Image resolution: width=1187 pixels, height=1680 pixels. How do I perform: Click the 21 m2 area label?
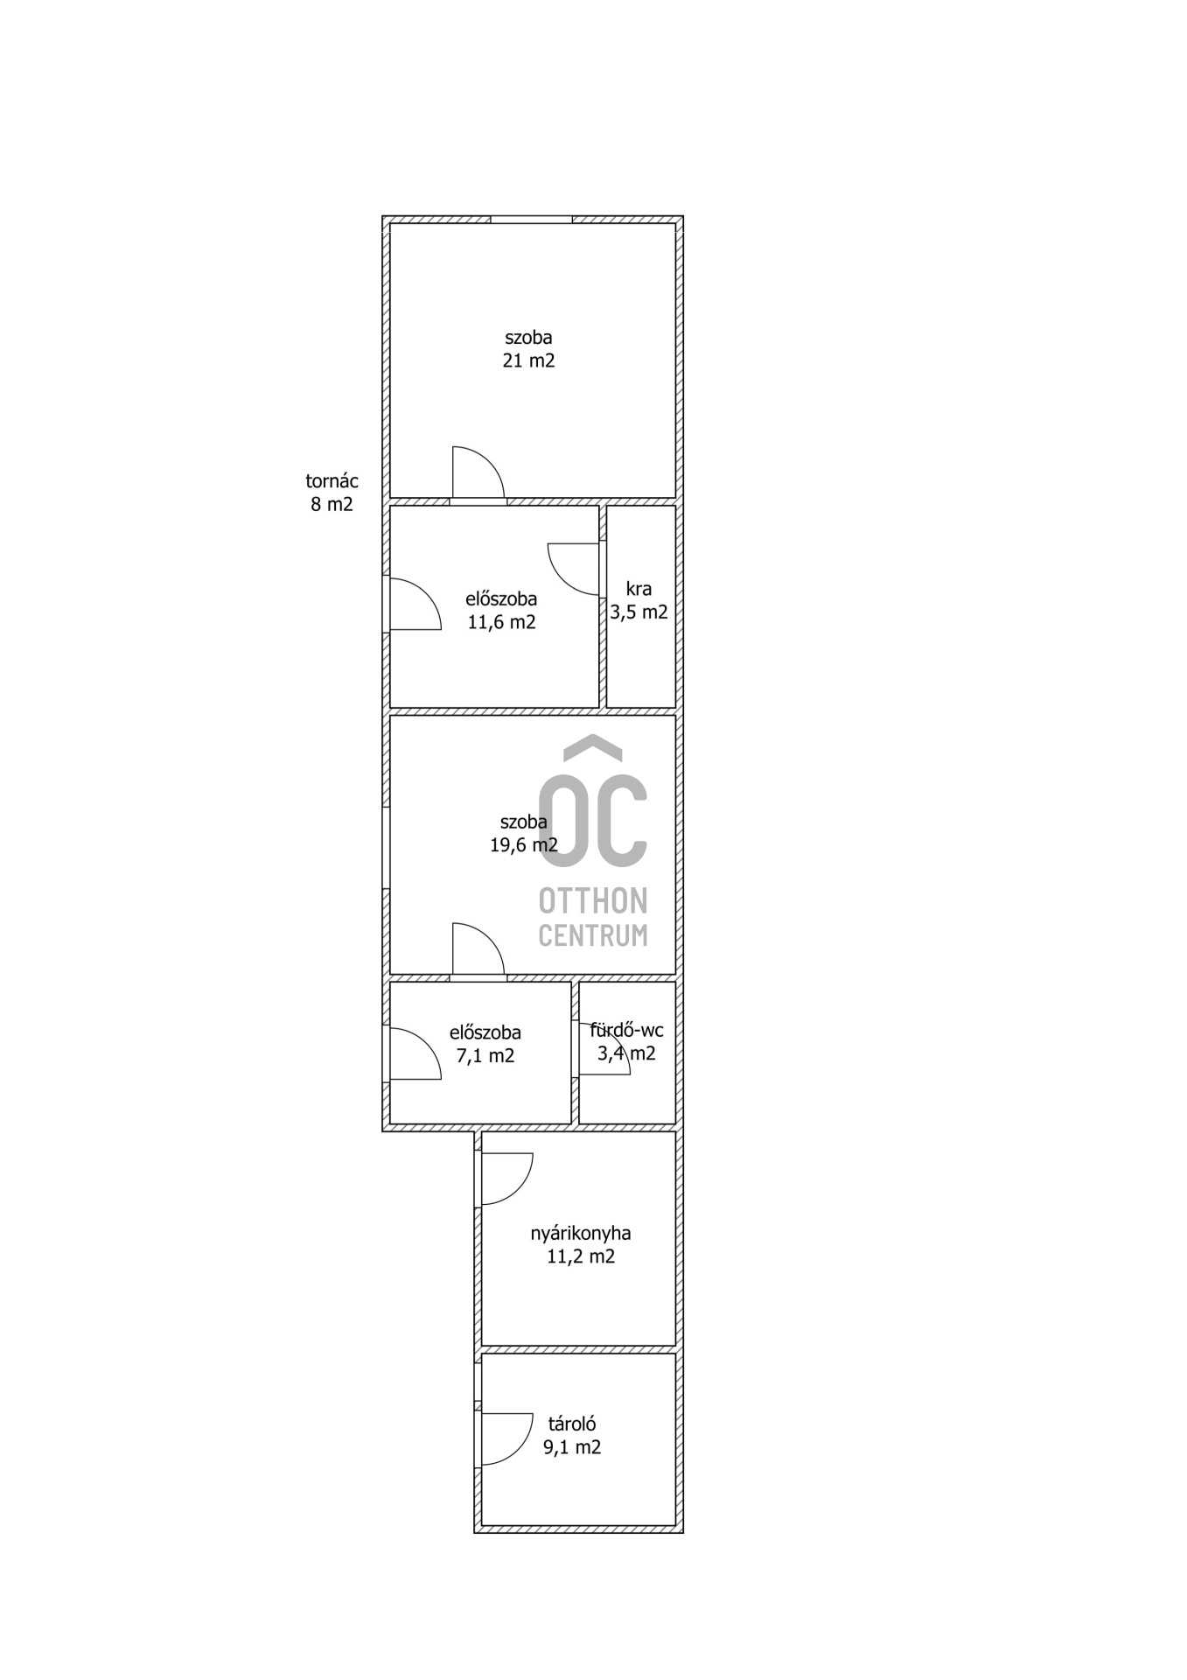point(528,360)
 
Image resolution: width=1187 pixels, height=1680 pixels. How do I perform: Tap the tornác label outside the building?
point(332,480)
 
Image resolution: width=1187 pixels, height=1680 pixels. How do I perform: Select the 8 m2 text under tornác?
point(332,504)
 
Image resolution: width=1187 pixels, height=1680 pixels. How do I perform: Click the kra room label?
point(639,589)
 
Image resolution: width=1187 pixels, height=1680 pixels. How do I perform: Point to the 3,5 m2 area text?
point(639,612)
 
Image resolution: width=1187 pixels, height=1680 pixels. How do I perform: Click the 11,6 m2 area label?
point(501,622)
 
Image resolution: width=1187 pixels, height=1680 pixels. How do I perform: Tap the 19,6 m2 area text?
point(523,844)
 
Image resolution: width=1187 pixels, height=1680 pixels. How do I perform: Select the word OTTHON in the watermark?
point(593,900)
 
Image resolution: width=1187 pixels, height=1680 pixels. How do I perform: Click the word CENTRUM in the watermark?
point(593,935)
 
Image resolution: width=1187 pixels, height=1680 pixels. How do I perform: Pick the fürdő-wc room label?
point(626,1030)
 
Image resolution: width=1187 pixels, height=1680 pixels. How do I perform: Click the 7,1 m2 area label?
point(485,1055)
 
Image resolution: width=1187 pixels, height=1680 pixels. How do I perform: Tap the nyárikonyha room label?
point(581,1234)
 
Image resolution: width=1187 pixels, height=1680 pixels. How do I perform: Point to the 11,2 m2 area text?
point(581,1256)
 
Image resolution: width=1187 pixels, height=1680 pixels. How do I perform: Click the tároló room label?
point(572,1424)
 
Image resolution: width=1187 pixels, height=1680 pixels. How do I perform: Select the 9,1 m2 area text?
point(572,1447)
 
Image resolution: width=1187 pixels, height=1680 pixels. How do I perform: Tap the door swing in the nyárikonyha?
point(518,1191)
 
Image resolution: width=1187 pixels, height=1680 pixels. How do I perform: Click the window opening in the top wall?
point(531,219)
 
